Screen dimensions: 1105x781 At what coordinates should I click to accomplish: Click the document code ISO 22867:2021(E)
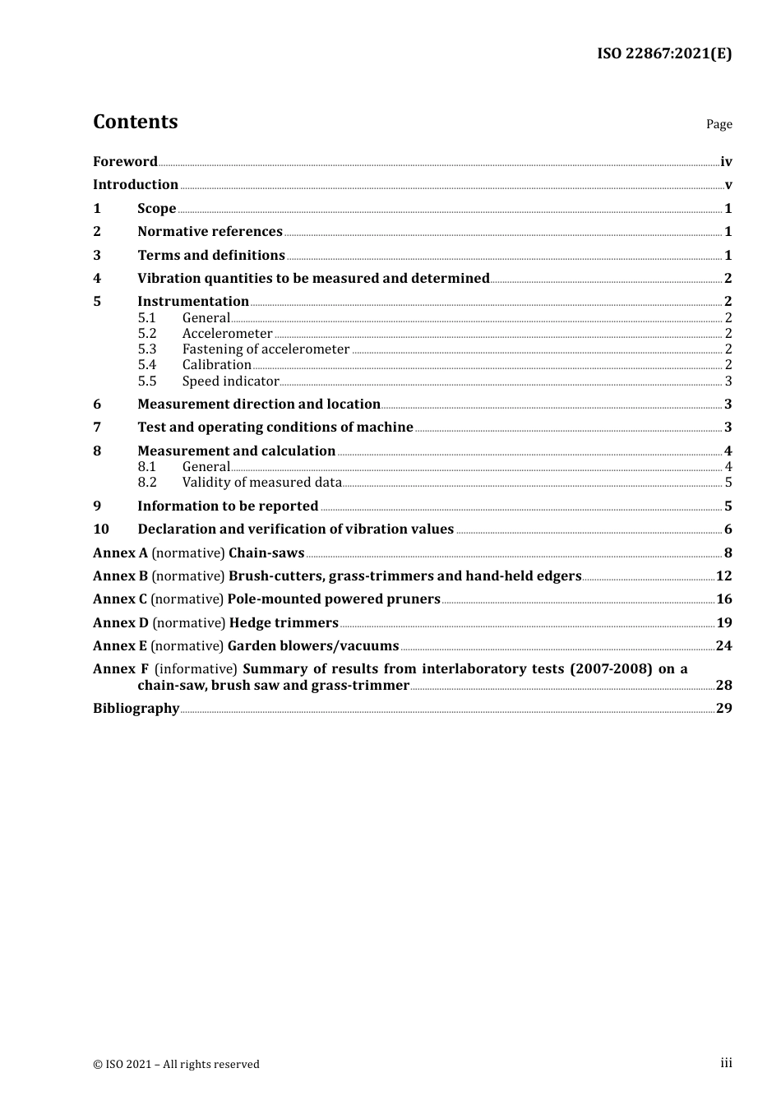(x=663, y=53)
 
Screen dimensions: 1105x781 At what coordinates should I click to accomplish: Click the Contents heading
(x=135, y=122)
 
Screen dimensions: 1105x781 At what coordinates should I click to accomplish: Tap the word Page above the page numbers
(x=719, y=124)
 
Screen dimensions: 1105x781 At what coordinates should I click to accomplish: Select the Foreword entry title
(x=125, y=161)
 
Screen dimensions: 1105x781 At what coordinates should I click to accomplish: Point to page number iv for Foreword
(x=726, y=162)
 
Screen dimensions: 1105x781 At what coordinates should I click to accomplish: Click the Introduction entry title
(x=136, y=184)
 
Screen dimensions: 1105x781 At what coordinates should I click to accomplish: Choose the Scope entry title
(x=156, y=208)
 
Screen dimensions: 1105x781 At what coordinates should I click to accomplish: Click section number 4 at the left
(x=97, y=278)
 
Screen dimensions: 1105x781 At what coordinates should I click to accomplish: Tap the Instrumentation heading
(x=193, y=301)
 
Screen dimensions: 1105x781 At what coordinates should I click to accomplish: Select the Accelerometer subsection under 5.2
(x=227, y=333)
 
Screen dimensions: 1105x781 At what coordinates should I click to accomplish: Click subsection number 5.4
(x=147, y=364)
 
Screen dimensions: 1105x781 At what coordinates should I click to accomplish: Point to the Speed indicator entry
(x=230, y=381)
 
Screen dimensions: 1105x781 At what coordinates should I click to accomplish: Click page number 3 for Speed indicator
(x=728, y=381)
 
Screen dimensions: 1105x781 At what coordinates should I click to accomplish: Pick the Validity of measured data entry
(x=261, y=482)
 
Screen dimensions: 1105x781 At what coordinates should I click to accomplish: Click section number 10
(x=100, y=529)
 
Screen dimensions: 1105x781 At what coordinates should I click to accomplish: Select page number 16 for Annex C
(x=723, y=599)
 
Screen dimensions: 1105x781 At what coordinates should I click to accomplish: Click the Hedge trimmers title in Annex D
(x=284, y=622)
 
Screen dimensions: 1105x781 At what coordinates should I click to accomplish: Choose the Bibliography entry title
(x=136, y=708)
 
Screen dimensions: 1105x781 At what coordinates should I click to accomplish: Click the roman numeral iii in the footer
(x=726, y=1063)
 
